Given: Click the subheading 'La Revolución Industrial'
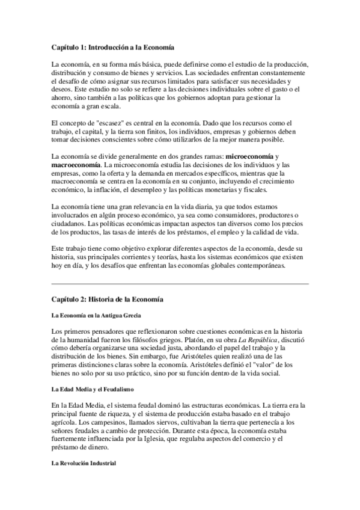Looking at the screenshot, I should coord(84,464).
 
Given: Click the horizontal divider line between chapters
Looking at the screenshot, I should coord(180,283).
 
